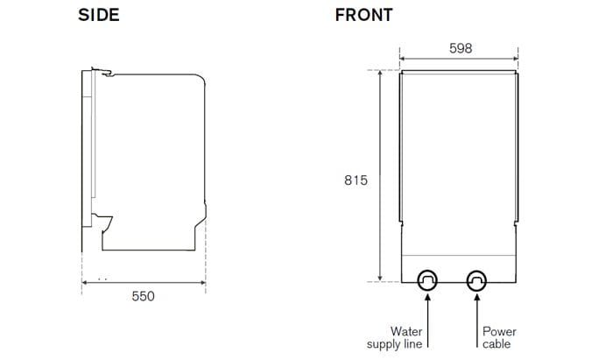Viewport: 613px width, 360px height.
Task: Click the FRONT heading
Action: click(363, 15)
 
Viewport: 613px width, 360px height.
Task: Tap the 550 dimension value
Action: click(143, 296)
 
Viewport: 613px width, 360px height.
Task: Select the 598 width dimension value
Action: click(461, 48)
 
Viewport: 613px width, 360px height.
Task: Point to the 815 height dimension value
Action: click(355, 180)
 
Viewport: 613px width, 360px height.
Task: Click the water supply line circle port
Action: click(427, 280)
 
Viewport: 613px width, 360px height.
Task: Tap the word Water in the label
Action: click(406, 332)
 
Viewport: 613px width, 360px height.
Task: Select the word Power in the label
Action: click(499, 332)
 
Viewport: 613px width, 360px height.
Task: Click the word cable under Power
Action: click(497, 344)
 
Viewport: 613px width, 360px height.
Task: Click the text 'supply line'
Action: click(395, 344)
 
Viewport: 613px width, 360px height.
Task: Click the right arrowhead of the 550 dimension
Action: click(204, 282)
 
